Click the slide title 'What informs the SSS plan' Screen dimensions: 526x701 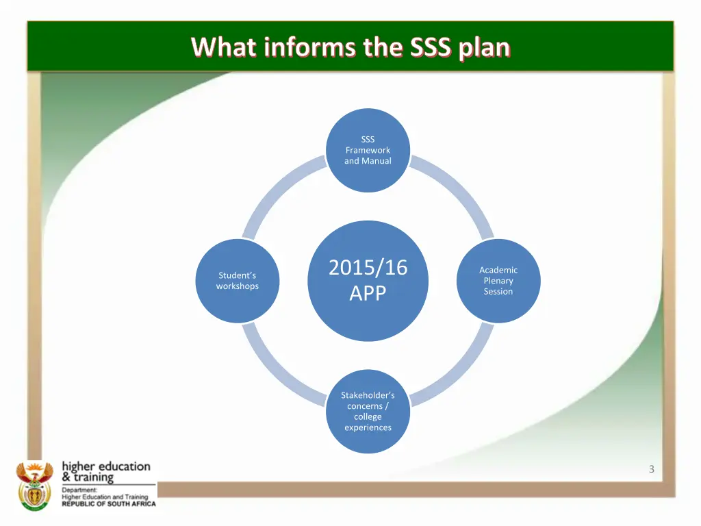pyautogui.click(x=350, y=47)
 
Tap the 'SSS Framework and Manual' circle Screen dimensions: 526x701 pyautogui.click(x=368, y=150)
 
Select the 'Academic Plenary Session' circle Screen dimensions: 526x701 pyautogui.click(x=498, y=281)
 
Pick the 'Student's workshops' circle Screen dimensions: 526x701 pyautogui.click(x=238, y=281)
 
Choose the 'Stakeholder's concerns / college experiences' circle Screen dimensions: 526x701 pyautogui.click(x=368, y=412)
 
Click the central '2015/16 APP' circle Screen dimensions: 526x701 pyautogui.click(x=368, y=280)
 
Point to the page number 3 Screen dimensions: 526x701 pyautogui.click(x=651, y=469)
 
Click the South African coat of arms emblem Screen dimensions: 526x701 pyautogui.click(x=34, y=485)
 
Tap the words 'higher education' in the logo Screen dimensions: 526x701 pyautogui.click(x=106, y=466)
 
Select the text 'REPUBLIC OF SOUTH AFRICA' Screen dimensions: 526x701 pyautogui.click(x=109, y=503)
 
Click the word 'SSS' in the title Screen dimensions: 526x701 pyautogui.click(x=431, y=47)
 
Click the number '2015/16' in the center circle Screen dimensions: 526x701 pyautogui.click(x=368, y=267)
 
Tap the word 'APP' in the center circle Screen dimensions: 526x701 pyautogui.click(x=368, y=293)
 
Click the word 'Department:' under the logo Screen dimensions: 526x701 pyautogui.click(x=79, y=490)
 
